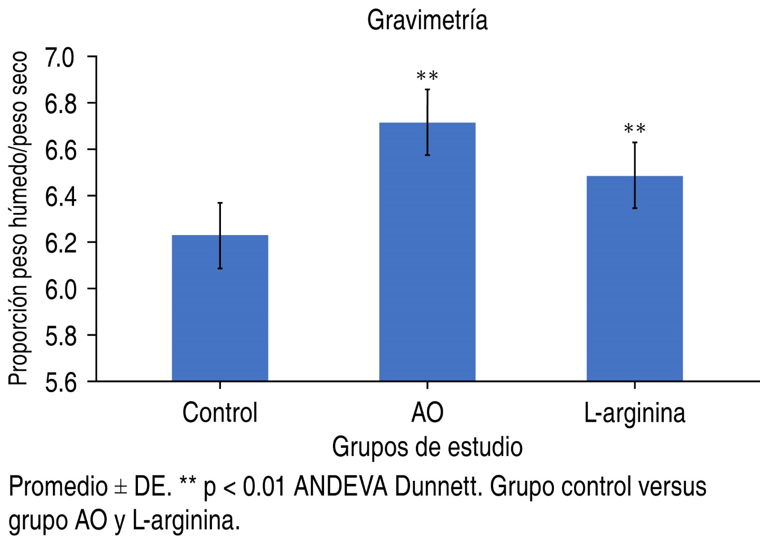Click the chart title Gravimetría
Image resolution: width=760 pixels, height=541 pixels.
pos(427,21)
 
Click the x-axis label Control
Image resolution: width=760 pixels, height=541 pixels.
pos(220,413)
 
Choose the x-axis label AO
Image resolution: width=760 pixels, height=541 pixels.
pos(427,413)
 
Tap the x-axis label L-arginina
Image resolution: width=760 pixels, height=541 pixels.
pos(634,413)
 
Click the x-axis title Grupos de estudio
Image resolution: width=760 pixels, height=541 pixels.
pos(427,447)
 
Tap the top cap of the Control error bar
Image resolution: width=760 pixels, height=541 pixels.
pos(220,203)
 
